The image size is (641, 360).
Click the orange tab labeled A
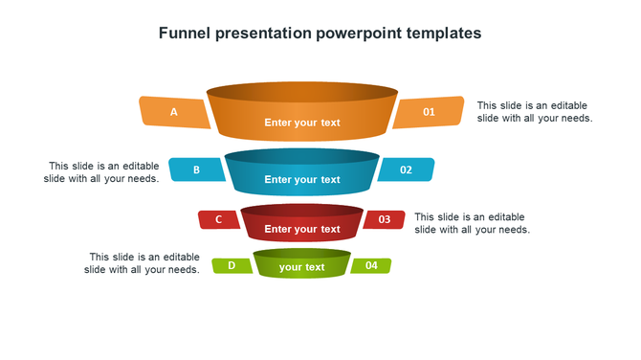[x=174, y=112]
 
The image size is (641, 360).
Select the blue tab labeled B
[x=197, y=170]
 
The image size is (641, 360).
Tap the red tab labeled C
[x=219, y=220]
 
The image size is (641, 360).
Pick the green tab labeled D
[x=232, y=266]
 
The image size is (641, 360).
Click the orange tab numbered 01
[x=429, y=112]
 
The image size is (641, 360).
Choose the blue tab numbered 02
[x=406, y=170]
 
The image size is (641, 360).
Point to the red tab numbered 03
[x=385, y=220]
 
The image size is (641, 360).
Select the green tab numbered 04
[x=371, y=266]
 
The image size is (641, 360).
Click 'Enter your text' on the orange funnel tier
[x=302, y=123]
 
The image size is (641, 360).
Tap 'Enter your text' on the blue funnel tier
[x=302, y=180]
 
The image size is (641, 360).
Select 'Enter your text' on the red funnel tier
[x=302, y=230]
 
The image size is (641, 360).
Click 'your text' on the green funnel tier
[x=302, y=268]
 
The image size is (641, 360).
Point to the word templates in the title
[x=439, y=33]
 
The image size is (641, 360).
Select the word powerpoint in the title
[x=353, y=33]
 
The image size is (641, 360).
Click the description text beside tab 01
[x=534, y=112]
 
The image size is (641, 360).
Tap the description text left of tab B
[x=102, y=172]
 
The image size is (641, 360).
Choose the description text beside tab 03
[x=471, y=223]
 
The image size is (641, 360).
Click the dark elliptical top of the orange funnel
[x=302, y=92]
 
